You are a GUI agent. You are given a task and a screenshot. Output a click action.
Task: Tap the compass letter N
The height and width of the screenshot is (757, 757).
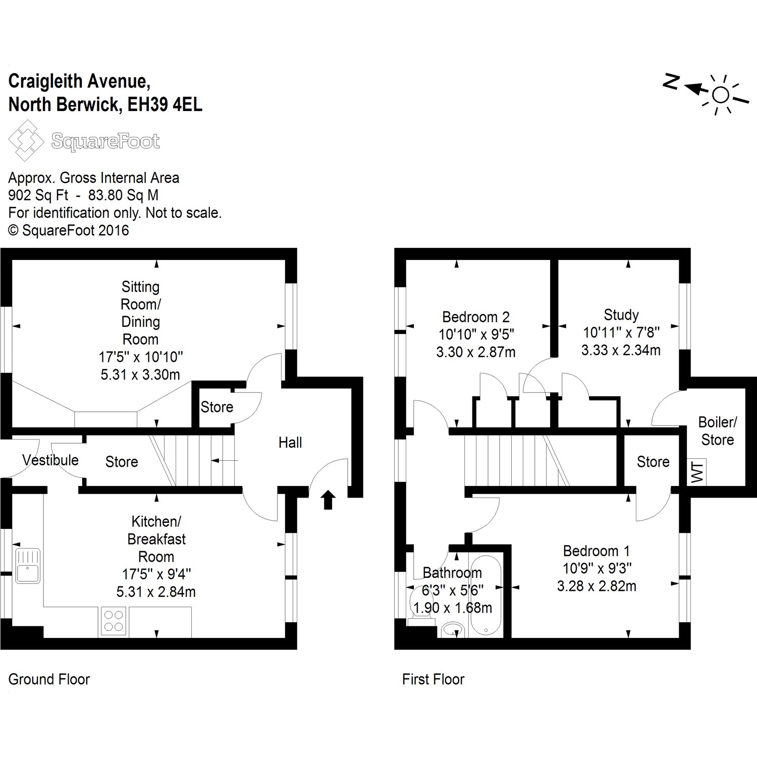(x=671, y=82)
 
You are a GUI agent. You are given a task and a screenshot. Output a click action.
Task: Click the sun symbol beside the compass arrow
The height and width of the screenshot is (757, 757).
(x=721, y=95)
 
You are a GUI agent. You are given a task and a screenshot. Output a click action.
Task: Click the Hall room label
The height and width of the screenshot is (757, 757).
(x=290, y=443)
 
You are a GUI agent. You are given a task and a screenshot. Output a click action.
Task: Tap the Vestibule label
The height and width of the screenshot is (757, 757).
(x=50, y=460)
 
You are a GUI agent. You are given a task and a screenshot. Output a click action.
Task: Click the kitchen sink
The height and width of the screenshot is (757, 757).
(x=28, y=566)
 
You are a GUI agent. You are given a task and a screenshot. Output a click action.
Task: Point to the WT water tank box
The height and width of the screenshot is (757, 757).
(x=697, y=472)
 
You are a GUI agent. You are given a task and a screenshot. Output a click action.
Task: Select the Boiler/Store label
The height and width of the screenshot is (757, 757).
(x=717, y=430)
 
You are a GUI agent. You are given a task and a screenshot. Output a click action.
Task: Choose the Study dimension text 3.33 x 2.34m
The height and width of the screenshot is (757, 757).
(x=621, y=350)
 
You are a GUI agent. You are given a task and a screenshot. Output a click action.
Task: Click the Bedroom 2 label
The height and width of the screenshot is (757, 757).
(x=476, y=317)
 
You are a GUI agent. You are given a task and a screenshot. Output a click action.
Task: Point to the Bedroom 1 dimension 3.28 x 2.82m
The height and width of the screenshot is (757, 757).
(x=597, y=586)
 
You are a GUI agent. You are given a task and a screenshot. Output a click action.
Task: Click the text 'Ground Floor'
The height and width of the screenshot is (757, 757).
(x=49, y=679)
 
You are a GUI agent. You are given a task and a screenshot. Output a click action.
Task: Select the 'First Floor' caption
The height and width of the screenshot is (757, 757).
(x=433, y=679)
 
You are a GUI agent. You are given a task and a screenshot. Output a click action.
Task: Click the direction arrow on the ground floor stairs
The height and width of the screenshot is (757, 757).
(x=225, y=460)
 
